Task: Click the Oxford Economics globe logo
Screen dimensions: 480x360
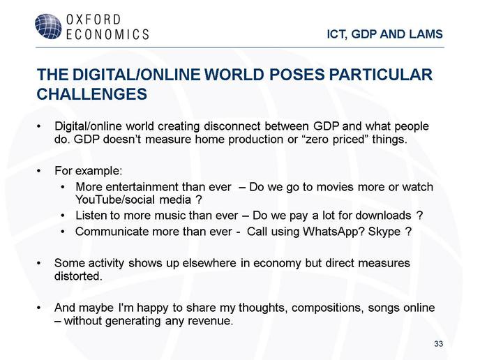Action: [x=48, y=27]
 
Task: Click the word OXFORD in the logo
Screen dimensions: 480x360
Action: [x=93, y=20]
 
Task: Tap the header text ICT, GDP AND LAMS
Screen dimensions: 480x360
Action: [x=385, y=34]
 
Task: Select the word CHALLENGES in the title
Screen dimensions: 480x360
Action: [x=92, y=94]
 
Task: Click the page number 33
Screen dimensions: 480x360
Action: [x=438, y=344]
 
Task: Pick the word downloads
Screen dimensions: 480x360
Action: [x=383, y=216]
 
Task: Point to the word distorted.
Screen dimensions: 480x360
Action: [x=78, y=276]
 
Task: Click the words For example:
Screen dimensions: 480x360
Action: [x=88, y=171]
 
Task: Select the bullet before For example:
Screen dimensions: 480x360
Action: [x=38, y=171]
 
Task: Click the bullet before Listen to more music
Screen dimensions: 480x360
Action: [x=63, y=216]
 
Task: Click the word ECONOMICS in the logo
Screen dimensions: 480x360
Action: [x=107, y=34]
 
